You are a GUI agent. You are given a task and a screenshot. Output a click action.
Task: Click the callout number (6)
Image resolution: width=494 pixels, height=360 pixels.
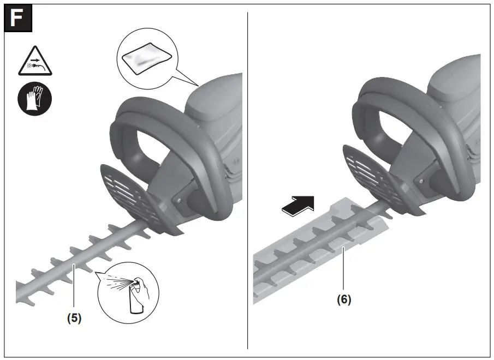(343, 299)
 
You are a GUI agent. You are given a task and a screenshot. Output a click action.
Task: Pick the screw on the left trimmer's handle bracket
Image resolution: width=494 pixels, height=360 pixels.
(180, 201)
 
